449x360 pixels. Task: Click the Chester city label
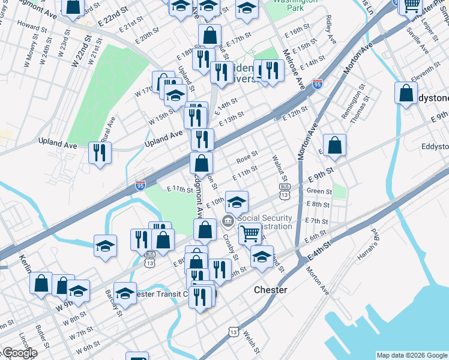pyautogui.click(x=270, y=290)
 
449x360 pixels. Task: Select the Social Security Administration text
pyautogui.click(x=265, y=222)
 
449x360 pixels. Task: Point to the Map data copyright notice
pyautogui.click(x=412, y=355)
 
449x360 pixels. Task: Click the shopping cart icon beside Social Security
pyautogui.click(x=249, y=233)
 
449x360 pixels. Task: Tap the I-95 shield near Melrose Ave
pyautogui.click(x=317, y=84)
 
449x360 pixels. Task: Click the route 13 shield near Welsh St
pyautogui.click(x=233, y=332)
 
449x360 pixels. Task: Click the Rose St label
pyautogui.click(x=247, y=158)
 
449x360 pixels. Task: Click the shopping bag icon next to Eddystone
pyautogui.click(x=406, y=94)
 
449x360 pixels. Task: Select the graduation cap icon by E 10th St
pyautogui.click(x=237, y=202)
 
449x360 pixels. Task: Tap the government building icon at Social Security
pyautogui.click(x=228, y=222)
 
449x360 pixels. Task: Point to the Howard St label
pyautogui.click(x=29, y=27)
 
